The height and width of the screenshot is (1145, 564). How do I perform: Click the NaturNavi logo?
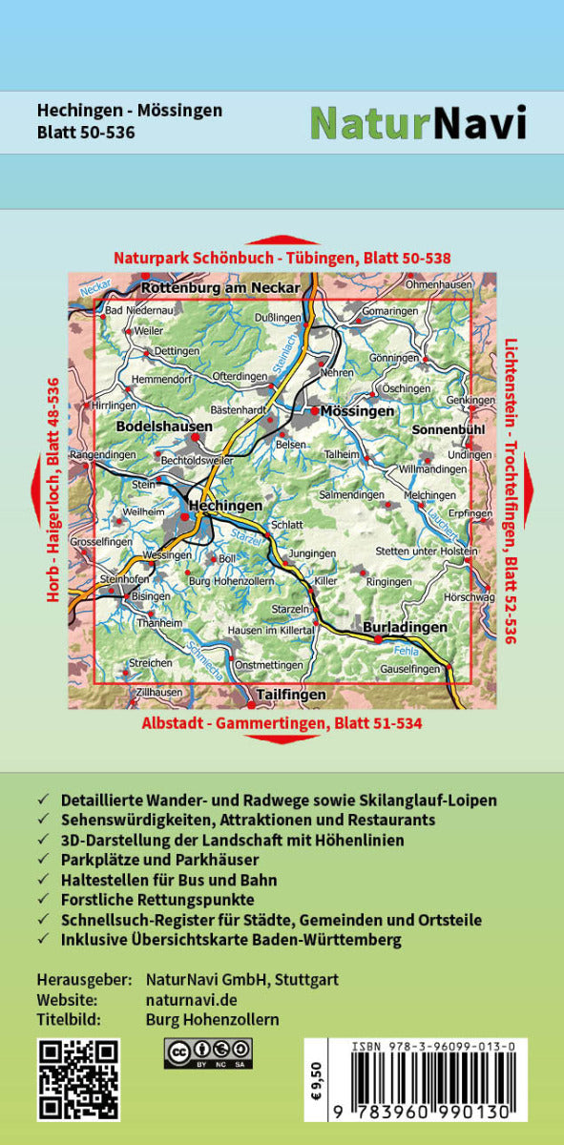(418, 123)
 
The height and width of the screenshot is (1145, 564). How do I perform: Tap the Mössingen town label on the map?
(356, 411)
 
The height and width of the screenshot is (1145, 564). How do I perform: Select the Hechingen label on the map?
(225, 505)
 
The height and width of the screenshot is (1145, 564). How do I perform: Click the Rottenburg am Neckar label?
(220, 287)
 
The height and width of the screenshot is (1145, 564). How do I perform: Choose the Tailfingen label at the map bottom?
(291, 695)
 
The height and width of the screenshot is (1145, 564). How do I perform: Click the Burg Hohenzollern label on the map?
(231, 580)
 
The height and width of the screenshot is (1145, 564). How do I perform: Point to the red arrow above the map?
(282, 240)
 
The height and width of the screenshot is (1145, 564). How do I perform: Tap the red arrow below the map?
(282, 739)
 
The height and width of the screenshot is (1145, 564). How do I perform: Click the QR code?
(78, 1079)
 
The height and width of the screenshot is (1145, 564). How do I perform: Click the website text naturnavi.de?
(191, 1000)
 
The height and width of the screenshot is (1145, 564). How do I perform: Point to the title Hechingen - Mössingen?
(130, 111)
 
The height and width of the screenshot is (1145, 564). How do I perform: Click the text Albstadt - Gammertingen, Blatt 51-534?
(282, 723)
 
